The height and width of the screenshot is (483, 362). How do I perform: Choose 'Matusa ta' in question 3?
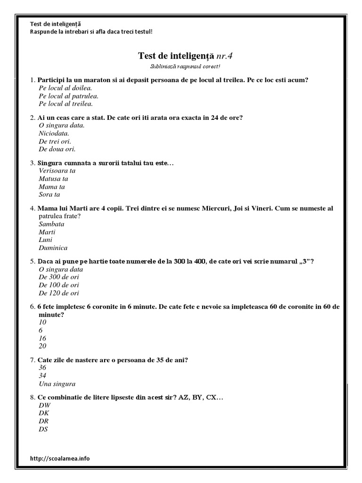[x=54, y=179]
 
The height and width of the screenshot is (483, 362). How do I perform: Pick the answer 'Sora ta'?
[x=49, y=194]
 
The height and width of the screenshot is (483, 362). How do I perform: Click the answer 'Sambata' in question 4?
[x=51, y=224]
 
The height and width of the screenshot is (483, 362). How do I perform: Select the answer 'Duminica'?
[x=53, y=248]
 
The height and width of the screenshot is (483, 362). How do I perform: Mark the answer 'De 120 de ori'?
[x=59, y=293]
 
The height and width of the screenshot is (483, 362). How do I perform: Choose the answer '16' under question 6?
[x=43, y=338]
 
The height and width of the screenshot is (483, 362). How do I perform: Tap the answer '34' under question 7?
[x=43, y=375]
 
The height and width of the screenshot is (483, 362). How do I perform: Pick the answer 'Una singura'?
[x=57, y=383]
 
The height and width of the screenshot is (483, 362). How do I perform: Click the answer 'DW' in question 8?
[x=45, y=405]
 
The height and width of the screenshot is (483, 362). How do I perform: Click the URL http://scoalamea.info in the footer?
[x=59, y=458]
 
